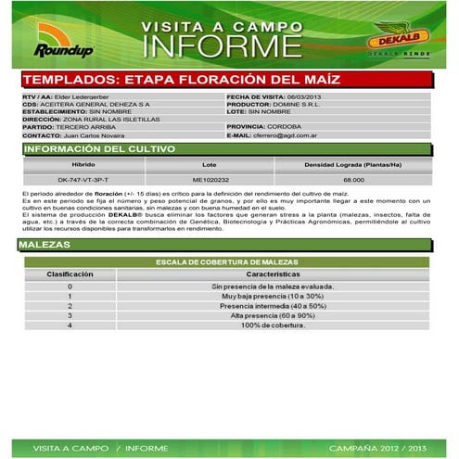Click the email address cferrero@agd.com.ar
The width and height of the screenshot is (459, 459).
[293, 134]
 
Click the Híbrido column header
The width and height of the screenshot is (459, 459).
[83, 164]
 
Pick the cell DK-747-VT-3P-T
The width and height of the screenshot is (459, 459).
[83, 179]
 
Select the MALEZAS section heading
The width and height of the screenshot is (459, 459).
[45, 245]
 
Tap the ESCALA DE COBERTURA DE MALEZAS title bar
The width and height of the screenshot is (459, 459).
[228, 262]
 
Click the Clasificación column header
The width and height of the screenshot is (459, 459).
[70, 275]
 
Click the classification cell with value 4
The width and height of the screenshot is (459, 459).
[70, 325]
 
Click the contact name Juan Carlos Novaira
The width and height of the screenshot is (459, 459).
[87, 135]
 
